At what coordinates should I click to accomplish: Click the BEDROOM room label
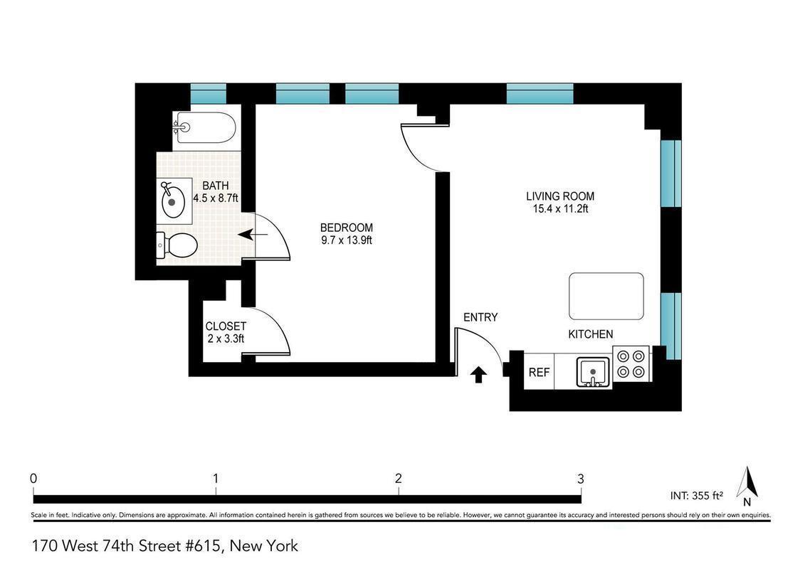pyautogui.click(x=346, y=234)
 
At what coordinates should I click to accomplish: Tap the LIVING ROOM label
pyautogui.click(x=559, y=203)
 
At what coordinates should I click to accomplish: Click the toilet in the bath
pyautogui.click(x=177, y=246)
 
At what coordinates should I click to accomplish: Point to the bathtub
pyautogui.click(x=204, y=127)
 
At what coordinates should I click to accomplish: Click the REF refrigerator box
pyautogui.click(x=539, y=372)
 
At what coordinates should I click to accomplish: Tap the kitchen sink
pyautogui.click(x=592, y=372)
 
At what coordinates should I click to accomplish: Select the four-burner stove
pyautogui.click(x=631, y=363)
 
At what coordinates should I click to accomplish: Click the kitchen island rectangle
pyautogui.click(x=606, y=297)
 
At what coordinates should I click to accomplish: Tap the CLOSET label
pyautogui.click(x=226, y=333)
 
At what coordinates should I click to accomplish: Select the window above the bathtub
pyautogui.click(x=208, y=93)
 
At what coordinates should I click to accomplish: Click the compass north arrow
pyautogui.click(x=747, y=483)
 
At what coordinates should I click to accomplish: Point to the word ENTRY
pyautogui.click(x=480, y=317)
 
